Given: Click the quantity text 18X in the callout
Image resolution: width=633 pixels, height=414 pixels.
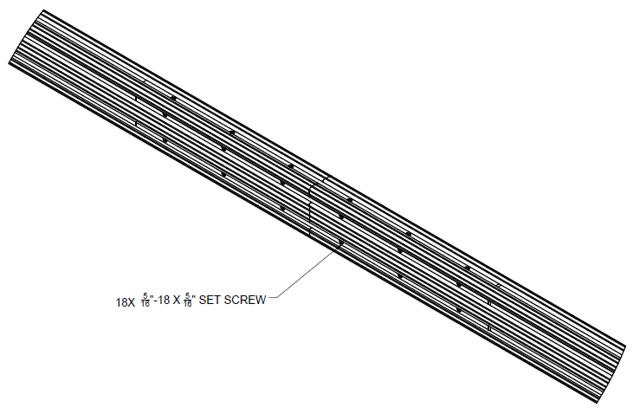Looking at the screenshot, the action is click(126, 302).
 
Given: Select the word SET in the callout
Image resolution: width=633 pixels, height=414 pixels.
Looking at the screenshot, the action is click(210, 300).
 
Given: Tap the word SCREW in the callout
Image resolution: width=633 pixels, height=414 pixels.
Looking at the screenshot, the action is click(245, 300).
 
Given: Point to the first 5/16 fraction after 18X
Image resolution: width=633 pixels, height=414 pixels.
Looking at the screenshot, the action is click(145, 301).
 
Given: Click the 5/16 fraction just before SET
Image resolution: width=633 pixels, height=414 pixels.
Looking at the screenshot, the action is click(188, 301).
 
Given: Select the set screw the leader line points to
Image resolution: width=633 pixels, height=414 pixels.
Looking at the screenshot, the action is click(341, 243).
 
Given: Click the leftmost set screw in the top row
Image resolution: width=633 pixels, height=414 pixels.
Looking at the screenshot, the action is click(173, 98).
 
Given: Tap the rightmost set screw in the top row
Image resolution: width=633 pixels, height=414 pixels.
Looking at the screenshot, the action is click(468, 268).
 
